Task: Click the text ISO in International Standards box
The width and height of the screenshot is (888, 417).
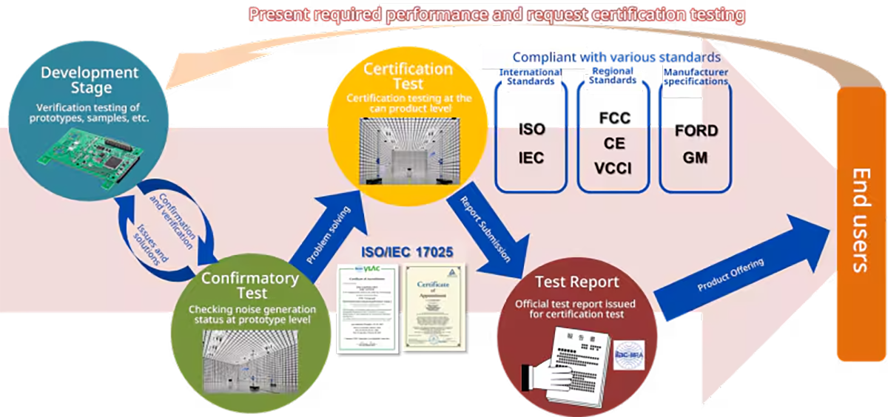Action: coord(531,130)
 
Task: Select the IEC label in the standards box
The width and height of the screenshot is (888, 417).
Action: coord(531,157)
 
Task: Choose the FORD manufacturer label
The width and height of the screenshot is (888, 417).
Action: coord(696,131)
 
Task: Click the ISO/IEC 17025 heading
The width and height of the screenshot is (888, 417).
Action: coord(406,252)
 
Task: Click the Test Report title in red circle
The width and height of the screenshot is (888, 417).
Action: coord(576,283)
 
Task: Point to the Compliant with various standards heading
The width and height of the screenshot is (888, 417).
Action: coord(616,57)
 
